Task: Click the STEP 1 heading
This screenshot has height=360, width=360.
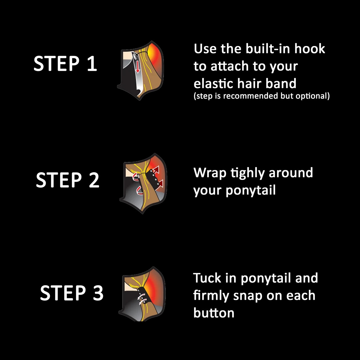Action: tap(65, 64)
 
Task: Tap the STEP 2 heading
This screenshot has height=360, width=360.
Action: tap(67, 180)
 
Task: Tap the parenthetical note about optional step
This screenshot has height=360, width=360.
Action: tap(262, 96)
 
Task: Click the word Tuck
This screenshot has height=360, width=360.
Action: tap(207, 278)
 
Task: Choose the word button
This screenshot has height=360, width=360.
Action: tap(214, 313)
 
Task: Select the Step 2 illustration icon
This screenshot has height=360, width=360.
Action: tap(143, 183)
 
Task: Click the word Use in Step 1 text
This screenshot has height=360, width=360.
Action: tap(205, 49)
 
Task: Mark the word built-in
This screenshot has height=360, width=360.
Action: tap(268, 49)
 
